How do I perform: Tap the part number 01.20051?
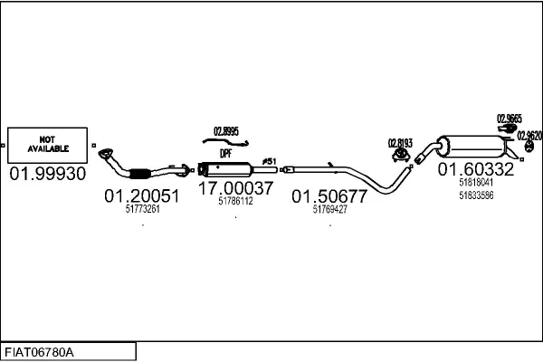click(x=141, y=195)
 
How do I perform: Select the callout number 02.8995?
click(x=225, y=131)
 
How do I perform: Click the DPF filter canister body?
click(x=226, y=169)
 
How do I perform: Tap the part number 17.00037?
click(x=235, y=188)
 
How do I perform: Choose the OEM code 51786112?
click(x=235, y=202)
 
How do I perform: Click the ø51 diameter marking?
click(x=269, y=161)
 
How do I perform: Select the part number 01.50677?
click(x=329, y=195)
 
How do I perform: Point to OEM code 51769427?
click(x=329, y=209)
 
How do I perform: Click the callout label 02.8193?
click(x=401, y=143)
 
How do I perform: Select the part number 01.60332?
click(x=476, y=169)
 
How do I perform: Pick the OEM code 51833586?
click(x=476, y=195)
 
